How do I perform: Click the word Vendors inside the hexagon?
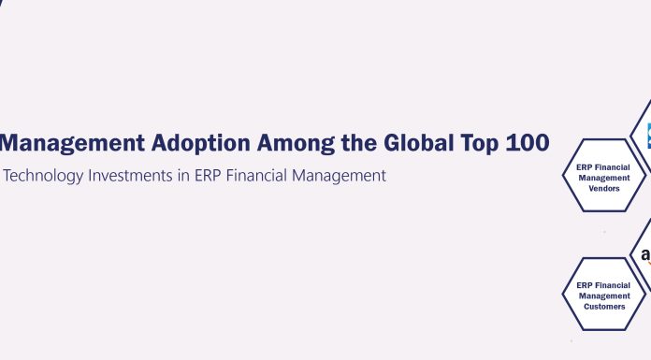click(x=603, y=188)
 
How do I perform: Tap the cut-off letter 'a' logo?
click(x=645, y=255)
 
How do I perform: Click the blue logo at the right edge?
click(x=647, y=137)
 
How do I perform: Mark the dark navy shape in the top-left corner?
click(x=3, y=4)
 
